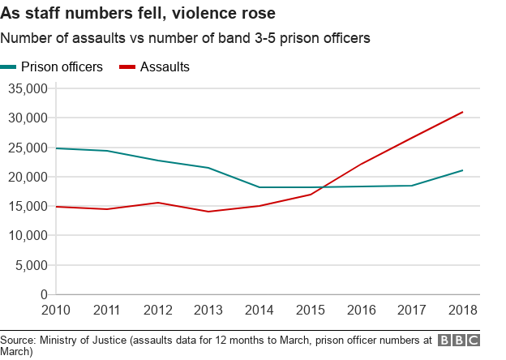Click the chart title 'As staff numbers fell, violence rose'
(137, 13)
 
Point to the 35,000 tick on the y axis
(28, 88)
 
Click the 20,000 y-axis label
(28, 177)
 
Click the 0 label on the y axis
(44, 294)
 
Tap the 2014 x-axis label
(259, 311)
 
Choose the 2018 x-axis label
(462, 311)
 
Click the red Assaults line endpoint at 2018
(462, 112)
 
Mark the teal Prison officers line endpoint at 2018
(462, 170)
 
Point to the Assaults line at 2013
(208, 212)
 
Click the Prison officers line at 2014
(259, 187)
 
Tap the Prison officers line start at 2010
(57, 148)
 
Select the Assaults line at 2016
(361, 164)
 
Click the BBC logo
(458, 341)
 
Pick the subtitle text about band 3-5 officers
(186, 38)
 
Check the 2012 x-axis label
(158, 311)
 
